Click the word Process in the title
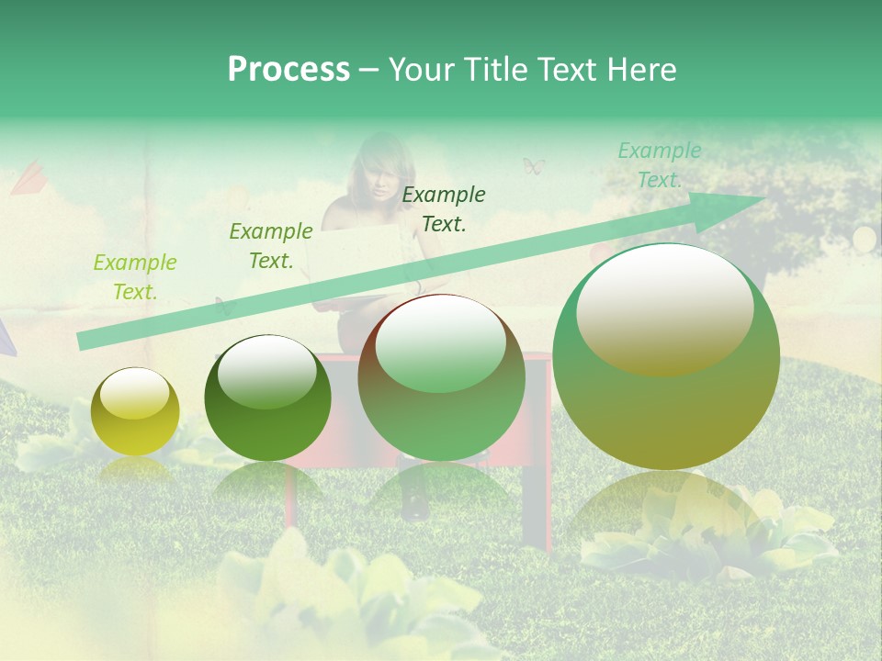coord(288,70)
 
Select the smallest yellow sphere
coord(135,411)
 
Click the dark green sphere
coord(267,398)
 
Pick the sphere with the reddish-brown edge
coord(441,377)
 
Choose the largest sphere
coord(666,356)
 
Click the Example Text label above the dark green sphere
coord(271,246)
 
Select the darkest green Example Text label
coord(444,208)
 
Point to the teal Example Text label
coord(659,165)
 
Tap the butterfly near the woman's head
coord(534,166)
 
